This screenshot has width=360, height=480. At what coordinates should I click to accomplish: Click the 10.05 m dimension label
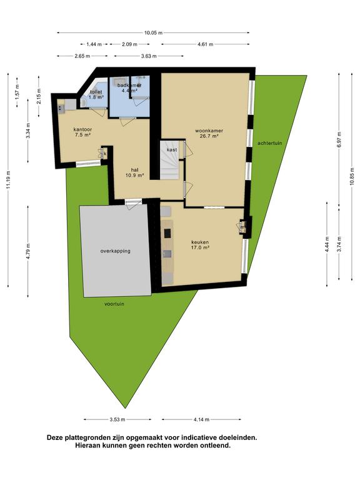pyautogui.click(x=153, y=32)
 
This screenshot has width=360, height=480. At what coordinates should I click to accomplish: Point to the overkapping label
pyautogui.click(x=116, y=251)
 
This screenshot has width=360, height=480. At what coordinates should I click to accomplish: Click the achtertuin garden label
pyautogui.click(x=270, y=143)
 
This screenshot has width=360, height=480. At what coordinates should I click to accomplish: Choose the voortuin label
pyautogui.click(x=114, y=304)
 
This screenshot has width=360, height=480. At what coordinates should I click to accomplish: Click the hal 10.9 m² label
pyautogui.click(x=135, y=172)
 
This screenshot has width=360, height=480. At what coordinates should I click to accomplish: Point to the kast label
pyautogui.click(x=172, y=150)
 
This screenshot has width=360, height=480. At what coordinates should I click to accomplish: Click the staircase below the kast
pyautogui.click(x=170, y=160)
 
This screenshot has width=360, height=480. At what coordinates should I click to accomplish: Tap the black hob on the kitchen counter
pyautogui.click(x=167, y=233)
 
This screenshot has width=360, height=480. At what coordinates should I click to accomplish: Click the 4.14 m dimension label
pyautogui.click(x=201, y=419)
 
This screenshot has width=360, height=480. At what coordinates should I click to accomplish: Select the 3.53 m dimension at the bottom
pyautogui.click(x=117, y=419)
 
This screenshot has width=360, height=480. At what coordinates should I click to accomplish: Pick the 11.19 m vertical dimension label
pyautogui.click(x=8, y=179)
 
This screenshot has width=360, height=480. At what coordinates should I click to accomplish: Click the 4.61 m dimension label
pyautogui.click(x=206, y=44)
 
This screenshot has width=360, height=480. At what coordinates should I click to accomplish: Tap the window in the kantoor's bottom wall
pyautogui.click(x=88, y=164)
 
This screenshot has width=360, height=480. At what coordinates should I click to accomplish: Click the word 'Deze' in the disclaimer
pyautogui.click(x=55, y=437)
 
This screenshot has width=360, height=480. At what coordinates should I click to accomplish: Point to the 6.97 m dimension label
pyautogui.click(x=339, y=139)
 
